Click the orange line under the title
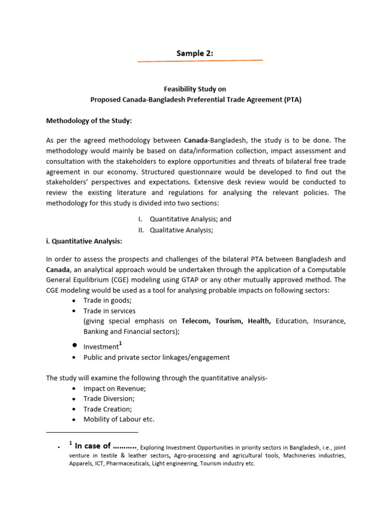(200, 61)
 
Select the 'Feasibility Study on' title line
(195, 89)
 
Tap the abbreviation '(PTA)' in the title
(292, 100)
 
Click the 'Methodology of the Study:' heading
(89, 121)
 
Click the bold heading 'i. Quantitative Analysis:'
(84, 241)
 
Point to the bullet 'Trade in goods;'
(107, 300)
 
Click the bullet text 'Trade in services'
(110, 311)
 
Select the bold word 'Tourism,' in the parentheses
(229, 321)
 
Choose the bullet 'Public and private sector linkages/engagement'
(156, 358)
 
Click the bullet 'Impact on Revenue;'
(114, 389)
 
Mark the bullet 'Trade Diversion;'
(109, 398)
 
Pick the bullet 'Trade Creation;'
(108, 409)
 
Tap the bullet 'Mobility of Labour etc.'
(118, 419)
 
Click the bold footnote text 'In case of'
(92, 446)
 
